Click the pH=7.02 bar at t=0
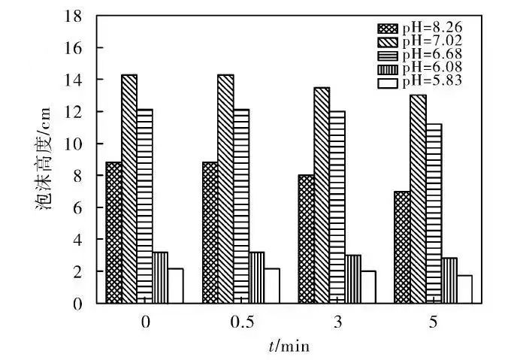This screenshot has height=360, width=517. pyautogui.click(x=129, y=189)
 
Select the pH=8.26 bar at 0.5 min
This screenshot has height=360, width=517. pyautogui.click(x=210, y=232)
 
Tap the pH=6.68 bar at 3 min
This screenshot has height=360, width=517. pyautogui.click(x=337, y=207)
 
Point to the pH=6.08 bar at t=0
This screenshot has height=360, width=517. pyautogui.click(x=160, y=277)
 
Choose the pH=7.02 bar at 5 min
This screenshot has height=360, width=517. pyautogui.click(x=418, y=198)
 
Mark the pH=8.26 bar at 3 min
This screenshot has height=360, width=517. pyautogui.click(x=306, y=239)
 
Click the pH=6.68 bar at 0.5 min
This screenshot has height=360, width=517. pyautogui.click(x=241, y=206)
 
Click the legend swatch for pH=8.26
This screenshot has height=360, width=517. pyautogui.click(x=387, y=29)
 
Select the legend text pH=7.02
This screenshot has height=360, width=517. pyautogui.click(x=429, y=41)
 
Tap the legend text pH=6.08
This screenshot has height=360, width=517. pyautogui.click(x=429, y=68)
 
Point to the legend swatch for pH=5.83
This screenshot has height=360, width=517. pyautogui.click(x=387, y=81)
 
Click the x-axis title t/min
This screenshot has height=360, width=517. pyautogui.click(x=289, y=346)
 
